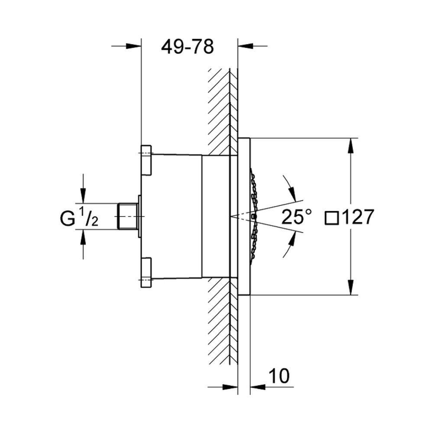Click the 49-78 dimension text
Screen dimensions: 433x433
tap(187, 47)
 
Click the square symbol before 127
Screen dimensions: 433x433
tap(332, 217)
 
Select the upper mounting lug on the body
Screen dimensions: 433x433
tap(146, 160)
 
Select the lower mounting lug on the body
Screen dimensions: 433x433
tap(146, 273)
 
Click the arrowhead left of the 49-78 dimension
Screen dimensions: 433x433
tap(134, 46)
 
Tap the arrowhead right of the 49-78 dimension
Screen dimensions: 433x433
tap(245, 46)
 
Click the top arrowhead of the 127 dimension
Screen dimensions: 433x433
tap(351, 145)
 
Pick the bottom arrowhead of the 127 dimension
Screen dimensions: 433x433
tap(351, 287)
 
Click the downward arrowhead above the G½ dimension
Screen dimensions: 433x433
tap(83, 196)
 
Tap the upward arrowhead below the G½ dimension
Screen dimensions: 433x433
tap(83, 237)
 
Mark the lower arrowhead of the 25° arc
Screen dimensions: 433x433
tap(291, 239)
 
